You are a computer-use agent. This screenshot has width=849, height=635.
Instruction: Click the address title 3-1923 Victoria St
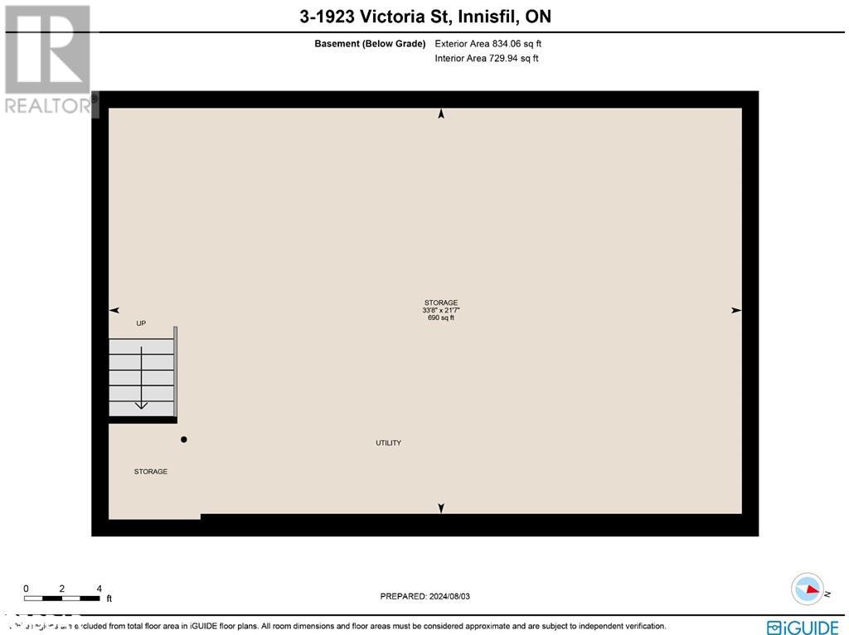click(x=425, y=16)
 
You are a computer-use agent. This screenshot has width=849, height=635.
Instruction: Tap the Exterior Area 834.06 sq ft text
click(x=488, y=44)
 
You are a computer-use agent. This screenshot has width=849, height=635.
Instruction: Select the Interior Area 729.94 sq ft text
click(x=487, y=59)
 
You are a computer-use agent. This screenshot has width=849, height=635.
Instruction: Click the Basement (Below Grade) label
click(x=370, y=44)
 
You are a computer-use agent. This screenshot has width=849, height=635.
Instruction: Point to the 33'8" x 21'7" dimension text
click(x=441, y=310)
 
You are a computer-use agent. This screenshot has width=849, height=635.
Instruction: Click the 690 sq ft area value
click(x=441, y=317)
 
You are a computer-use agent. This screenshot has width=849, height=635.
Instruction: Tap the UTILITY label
click(x=388, y=444)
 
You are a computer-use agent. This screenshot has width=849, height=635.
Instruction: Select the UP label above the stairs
click(x=141, y=323)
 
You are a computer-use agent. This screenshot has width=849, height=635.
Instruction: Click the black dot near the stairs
click(x=184, y=439)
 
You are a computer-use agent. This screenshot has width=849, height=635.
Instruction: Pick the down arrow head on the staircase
click(x=141, y=405)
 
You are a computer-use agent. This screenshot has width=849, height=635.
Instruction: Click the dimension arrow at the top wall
click(x=441, y=114)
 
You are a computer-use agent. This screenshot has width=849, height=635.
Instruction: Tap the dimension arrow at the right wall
click(x=735, y=310)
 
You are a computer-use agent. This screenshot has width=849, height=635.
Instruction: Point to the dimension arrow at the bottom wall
click(x=441, y=507)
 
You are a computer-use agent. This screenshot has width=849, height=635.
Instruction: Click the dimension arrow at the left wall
click(x=114, y=310)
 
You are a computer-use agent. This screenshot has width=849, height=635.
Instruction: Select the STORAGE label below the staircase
click(x=151, y=472)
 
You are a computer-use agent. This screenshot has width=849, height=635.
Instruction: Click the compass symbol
click(x=808, y=589)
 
